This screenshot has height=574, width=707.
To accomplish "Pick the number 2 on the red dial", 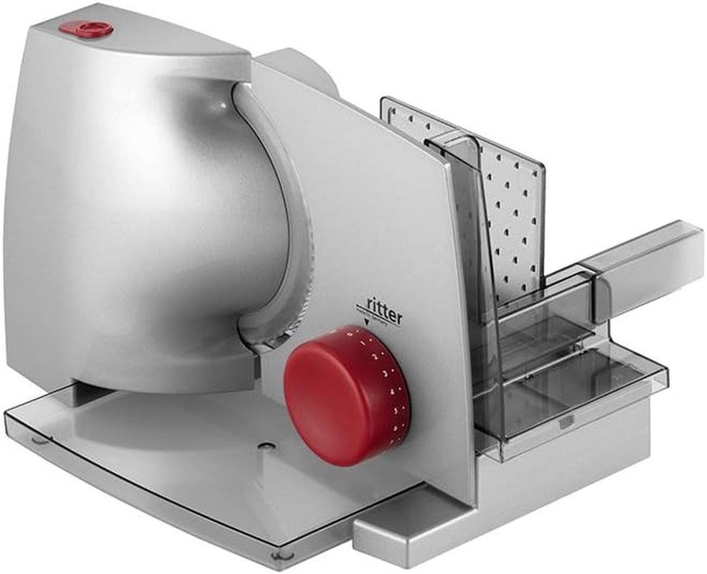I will tap(385, 359).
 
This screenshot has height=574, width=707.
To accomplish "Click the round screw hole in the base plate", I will tap(266, 447).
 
